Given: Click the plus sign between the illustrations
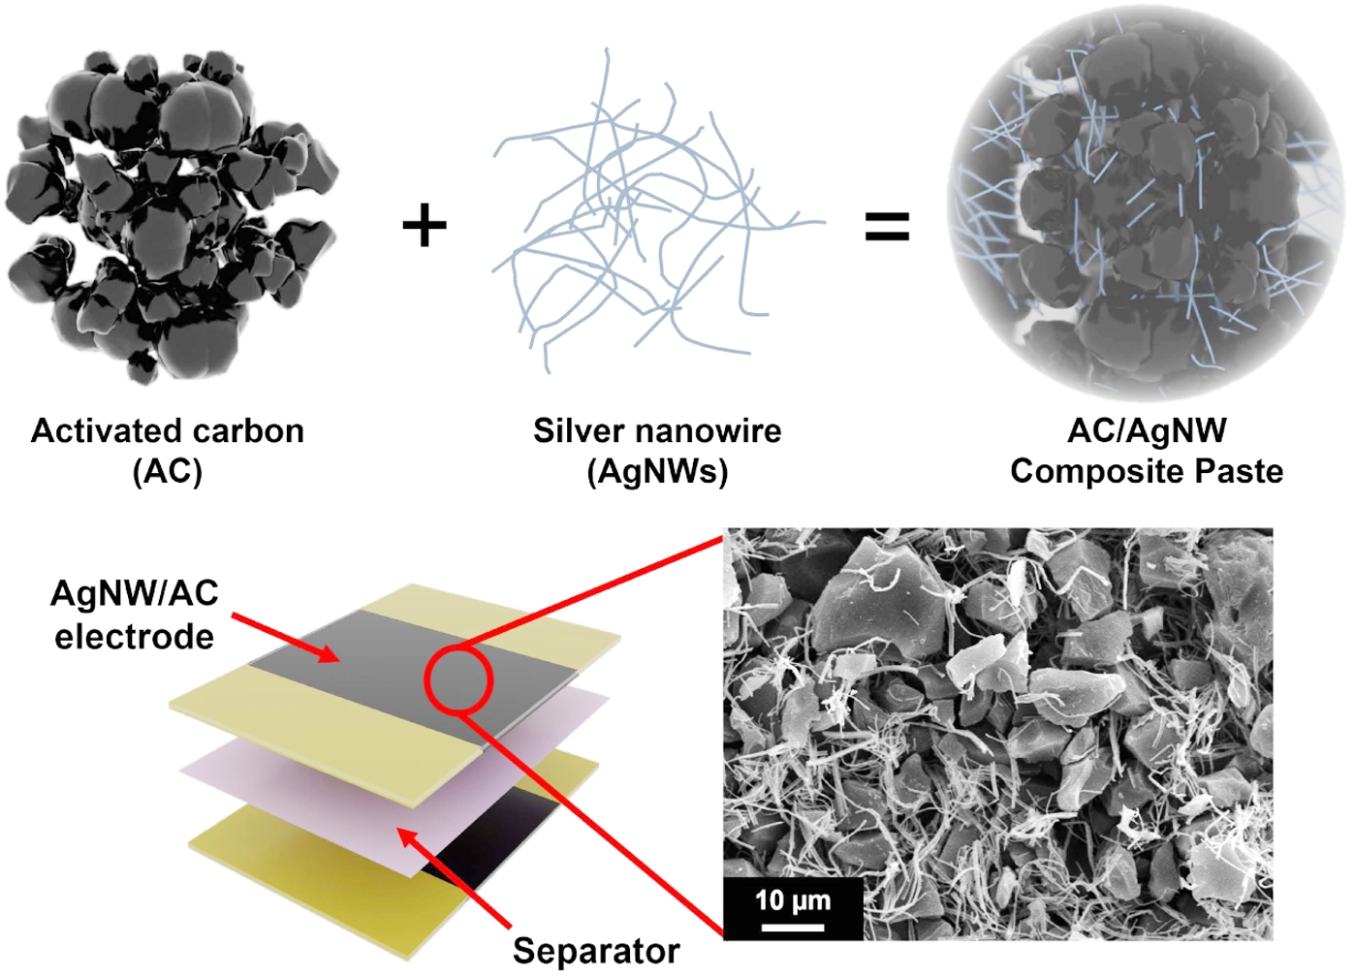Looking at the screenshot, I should click(x=425, y=226).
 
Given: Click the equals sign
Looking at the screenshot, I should click(x=886, y=227).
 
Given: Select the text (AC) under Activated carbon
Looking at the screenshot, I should click(x=167, y=472).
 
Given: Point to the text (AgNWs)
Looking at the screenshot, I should click(x=657, y=472).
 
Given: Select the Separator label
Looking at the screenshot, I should click(x=596, y=951).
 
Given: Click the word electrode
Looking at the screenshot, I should click(x=134, y=637).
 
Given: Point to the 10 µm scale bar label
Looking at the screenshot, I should click(x=793, y=900).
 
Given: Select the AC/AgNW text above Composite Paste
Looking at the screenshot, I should click(x=1147, y=430).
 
